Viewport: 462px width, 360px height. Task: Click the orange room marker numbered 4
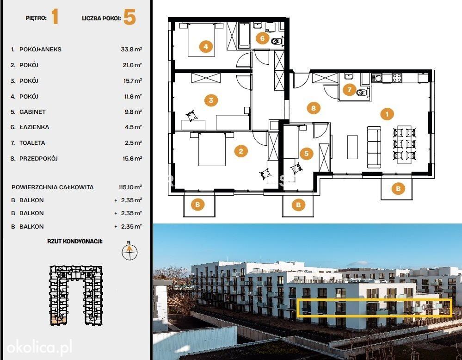(x=206, y=46)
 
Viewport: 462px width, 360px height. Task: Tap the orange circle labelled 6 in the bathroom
(x=262, y=38)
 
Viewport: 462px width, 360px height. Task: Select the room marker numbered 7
(x=350, y=89)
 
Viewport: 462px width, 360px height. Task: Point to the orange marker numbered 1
(x=387, y=114)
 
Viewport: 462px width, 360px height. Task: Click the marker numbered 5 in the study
(x=307, y=153)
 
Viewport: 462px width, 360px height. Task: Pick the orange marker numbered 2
(x=241, y=151)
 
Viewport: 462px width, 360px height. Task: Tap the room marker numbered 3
(x=211, y=100)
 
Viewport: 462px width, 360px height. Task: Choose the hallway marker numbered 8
(x=314, y=108)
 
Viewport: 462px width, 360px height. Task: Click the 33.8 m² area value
(x=131, y=49)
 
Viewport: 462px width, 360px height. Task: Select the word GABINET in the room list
(x=32, y=112)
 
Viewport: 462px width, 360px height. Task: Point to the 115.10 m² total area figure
(x=130, y=187)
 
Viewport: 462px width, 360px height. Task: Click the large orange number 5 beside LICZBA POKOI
(x=129, y=17)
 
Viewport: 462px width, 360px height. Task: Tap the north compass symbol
(x=129, y=251)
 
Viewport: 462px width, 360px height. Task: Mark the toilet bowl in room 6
(x=277, y=41)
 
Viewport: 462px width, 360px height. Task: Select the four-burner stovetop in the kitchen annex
(x=397, y=78)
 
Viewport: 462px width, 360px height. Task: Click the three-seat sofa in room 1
(x=374, y=147)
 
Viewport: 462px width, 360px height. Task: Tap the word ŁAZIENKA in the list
(x=34, y=127)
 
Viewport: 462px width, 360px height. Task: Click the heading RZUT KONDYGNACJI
(x=75, y=242)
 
